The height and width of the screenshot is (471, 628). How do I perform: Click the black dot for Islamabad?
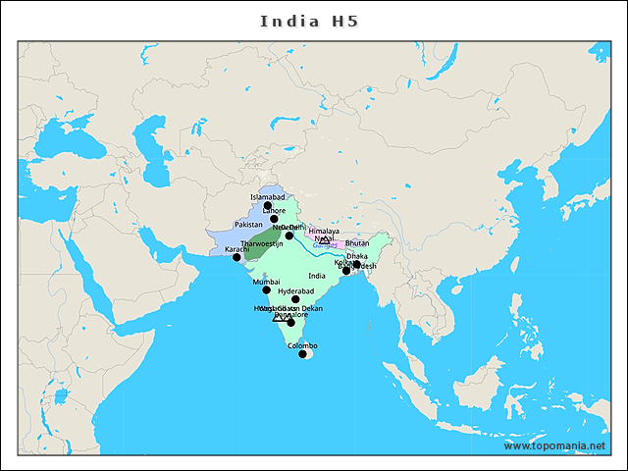268,205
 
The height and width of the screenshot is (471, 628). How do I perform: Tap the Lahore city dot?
274,219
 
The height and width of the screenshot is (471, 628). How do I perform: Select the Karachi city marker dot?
236,257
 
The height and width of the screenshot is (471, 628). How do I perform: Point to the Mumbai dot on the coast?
266,290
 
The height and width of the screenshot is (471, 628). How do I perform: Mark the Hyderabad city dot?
295,299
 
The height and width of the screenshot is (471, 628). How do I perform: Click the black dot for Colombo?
302,353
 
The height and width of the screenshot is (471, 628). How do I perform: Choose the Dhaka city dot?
356,264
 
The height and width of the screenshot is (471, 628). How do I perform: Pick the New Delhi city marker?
288,235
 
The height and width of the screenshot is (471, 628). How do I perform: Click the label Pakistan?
248,225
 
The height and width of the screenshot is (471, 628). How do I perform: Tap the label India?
316,276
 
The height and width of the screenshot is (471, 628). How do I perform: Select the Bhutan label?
357,242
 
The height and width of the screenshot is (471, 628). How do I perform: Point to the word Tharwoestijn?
262,242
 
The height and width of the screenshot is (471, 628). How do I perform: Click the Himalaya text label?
323,232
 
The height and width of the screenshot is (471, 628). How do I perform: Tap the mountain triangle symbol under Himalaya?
324,239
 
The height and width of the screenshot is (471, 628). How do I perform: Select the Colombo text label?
302,345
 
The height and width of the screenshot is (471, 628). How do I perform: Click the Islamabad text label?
267,197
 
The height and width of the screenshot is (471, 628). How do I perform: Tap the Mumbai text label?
266,282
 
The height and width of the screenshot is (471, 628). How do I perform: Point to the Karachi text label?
237,249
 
